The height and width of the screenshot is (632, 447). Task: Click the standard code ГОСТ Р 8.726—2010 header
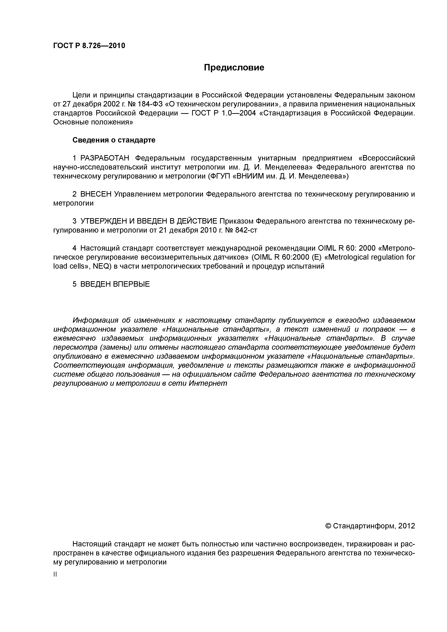89,46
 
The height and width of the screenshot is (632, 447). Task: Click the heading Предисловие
234,67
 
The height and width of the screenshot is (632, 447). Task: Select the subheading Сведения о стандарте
114,140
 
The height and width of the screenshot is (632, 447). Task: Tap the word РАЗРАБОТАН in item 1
105,158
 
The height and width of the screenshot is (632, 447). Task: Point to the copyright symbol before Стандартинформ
328,526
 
